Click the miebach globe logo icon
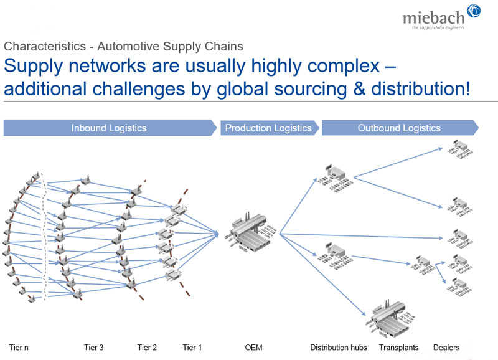pyautogui.click(x=474, y=11)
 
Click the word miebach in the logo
pyautogui.click(x=433, y=17)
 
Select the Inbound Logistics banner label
pyautogui.click(x=109, y=128)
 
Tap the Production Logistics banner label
pyautogui.click(x=268, y=128)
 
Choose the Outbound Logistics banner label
pyautogui.click(x=399, y=128)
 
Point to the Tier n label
pyautogui.click(x=19, y=348)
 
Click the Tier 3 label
pyautogui.click(x=94, y=348)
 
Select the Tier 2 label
pyautogui.click(x=147, y=348)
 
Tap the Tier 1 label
pyautogui.click(x=192, y=348)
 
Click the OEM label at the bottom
pyautogui.click(x=254, y=348)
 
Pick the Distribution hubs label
pyautogui.click(x=339, y=348)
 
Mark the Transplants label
pyautogui.click(x=398, y=348)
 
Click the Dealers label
pyautogui.click(x=446, y=348)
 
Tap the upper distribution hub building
pyautogui.click(x=336, y=178)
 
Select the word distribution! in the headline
pyautogui.click(x=421, y=88)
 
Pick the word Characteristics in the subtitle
pyautogui.click(x=45, y=46)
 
